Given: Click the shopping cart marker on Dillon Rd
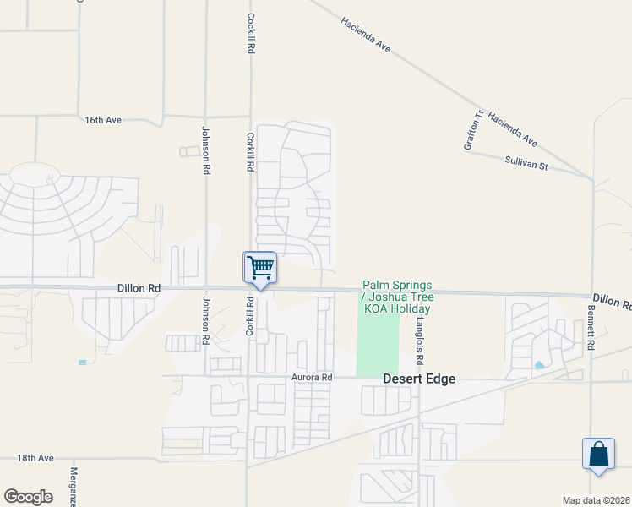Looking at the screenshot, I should click(x=260, y=268).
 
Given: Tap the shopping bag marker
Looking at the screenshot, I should click(x=598, y=454).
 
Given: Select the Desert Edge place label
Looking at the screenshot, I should click(x=419, y=379).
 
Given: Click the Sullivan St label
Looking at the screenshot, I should click(x=526, y=163).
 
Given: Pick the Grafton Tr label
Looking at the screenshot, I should click(x=473, y=130).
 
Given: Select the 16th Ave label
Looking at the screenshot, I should click(x=103, y=120).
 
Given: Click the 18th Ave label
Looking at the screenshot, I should click(x=35, y=458).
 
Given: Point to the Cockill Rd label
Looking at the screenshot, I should click(x=251, y=34).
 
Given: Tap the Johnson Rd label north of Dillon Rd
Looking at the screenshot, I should click(x=205, y=150).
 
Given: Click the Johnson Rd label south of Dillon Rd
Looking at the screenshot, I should click(x=205, y=320).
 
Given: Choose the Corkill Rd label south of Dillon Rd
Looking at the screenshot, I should click(x=250, y=317).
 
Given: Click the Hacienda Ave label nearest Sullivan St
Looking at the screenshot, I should click(x=513, y=128).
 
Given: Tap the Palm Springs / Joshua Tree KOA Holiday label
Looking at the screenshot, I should click(x=397, y=297).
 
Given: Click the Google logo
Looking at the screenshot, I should click(x=28, y=497).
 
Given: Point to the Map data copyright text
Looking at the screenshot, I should click(x=596, y=500).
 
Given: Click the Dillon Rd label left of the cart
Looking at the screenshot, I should click(x=139, y=288).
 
